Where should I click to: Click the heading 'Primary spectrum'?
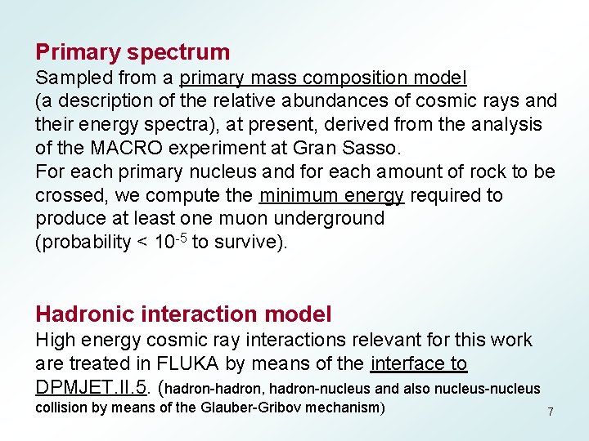tap(133, 52)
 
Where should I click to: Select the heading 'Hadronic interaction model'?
tap(183, 314)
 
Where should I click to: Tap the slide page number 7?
tap(551, 412)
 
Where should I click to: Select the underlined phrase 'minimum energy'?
tap(331, 196)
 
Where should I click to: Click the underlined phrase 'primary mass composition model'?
tap(323, 78)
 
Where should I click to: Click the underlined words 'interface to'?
tap(419, 363)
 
